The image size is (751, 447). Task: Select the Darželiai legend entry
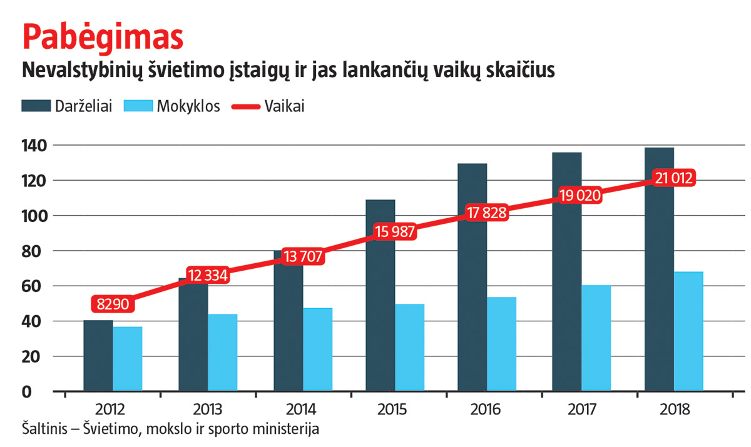(67, 106)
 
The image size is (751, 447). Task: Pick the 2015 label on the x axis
(392, 410)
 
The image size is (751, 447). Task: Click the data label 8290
(114, 304)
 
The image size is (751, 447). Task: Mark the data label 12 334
(207, 275)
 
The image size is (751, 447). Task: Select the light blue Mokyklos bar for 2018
(688, 331)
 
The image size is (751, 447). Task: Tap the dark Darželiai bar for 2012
(98, 356)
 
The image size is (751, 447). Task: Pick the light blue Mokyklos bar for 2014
(317, 350)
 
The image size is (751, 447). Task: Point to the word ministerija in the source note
(290, 431)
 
